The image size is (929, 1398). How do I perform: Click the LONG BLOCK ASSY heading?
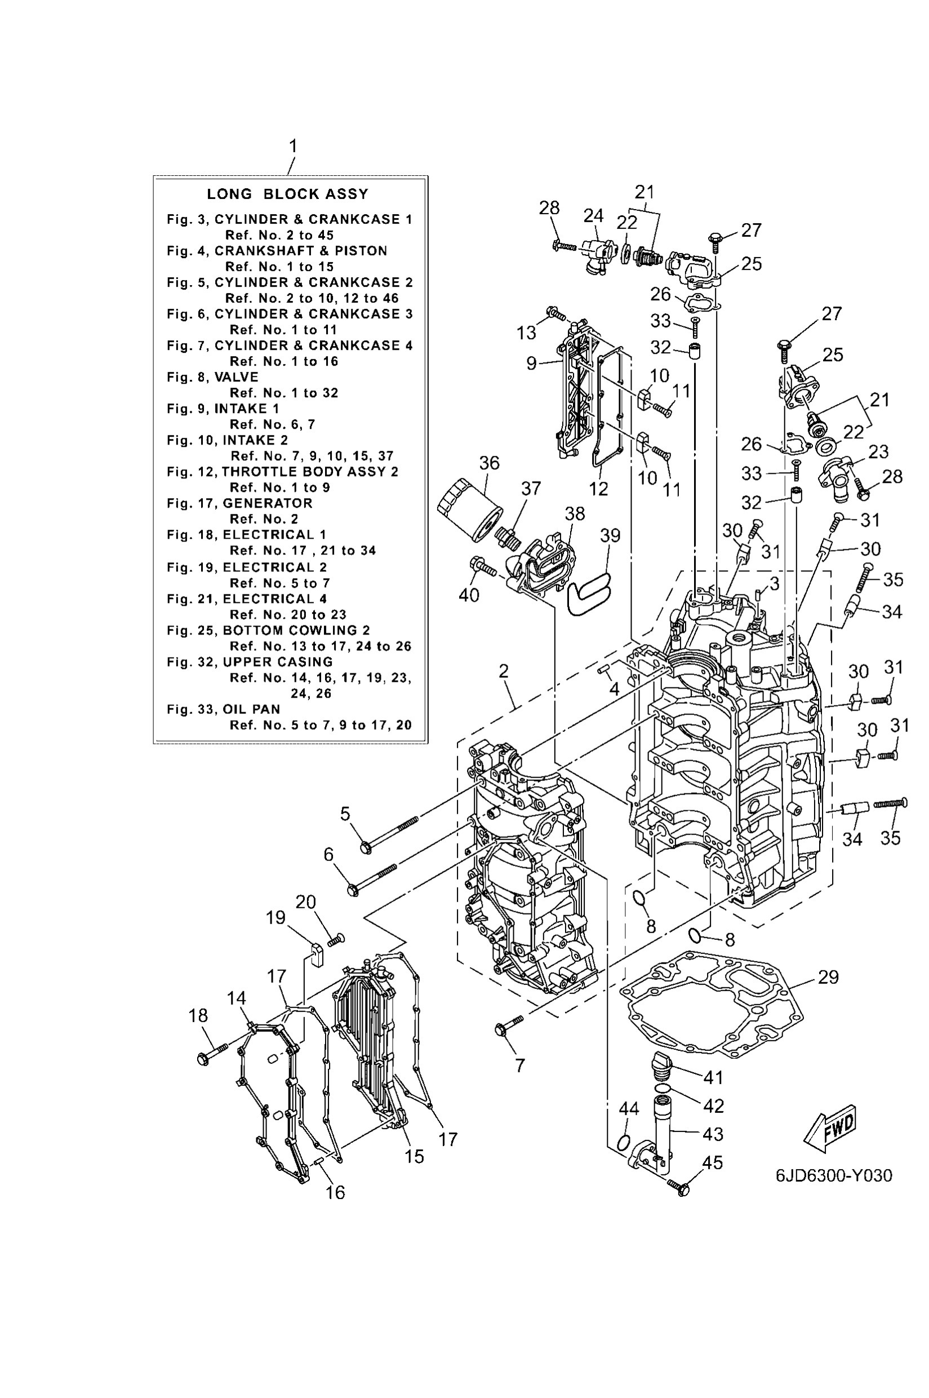tap(287, 194)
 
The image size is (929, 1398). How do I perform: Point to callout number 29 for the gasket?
tap(828, 977)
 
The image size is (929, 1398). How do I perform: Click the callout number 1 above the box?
tap(293, 146)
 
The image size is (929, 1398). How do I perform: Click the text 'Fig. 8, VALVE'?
tap(213, 377)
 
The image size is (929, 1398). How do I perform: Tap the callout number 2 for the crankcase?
tap(503, 671)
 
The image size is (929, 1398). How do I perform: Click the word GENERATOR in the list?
tap(267, 503)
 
